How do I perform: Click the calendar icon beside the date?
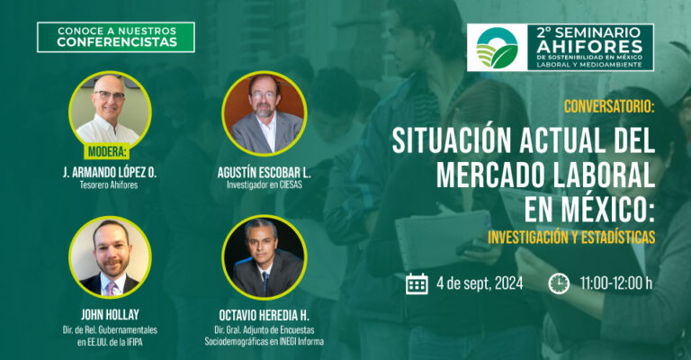(x=417, y=283)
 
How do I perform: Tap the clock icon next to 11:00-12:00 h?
(x=559, y=283)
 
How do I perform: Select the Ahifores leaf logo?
(x=497, y=48)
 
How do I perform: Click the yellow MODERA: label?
(x=107, y=152)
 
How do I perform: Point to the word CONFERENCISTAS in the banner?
(x=117, y=42)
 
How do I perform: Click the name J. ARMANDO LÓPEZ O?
(x=110, y=172)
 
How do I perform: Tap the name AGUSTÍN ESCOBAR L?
(x=265, y=173)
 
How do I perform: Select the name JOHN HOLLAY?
(x=110, y=315)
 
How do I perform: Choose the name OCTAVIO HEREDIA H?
(x=264, y=316)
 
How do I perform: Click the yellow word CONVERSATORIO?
(x=609, y=106)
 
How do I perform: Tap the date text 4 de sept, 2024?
(x=480, y=283)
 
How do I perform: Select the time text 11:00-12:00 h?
(x=616, y=283)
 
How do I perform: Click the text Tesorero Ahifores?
(x=109, y=185)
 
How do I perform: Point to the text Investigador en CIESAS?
(x=265, y=185)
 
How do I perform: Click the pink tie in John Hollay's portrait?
(x=110, y=288)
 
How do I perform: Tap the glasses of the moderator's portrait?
(x=109, y=95)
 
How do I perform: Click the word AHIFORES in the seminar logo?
(x=589, y=46)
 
